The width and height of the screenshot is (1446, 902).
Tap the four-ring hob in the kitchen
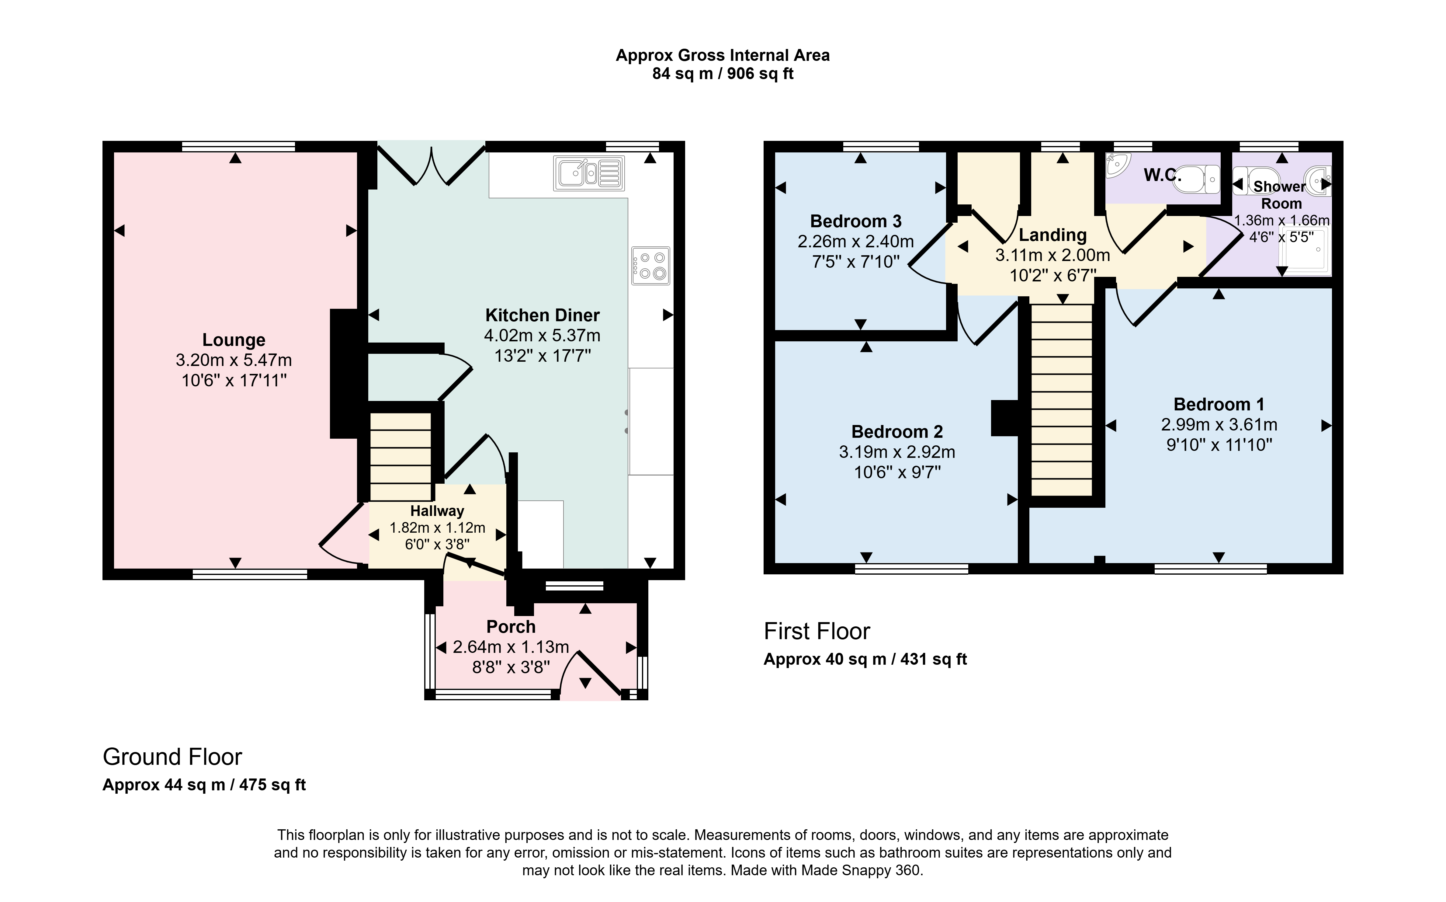650,266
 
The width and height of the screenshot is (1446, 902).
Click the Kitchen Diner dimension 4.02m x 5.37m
542,335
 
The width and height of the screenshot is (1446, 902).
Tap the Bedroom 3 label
856,221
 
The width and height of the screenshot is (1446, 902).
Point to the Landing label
1052,235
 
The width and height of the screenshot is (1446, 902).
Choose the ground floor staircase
401,456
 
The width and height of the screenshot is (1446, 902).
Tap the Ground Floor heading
172,757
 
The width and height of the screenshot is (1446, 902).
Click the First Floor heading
817,631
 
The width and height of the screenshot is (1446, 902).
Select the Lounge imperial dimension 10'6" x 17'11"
234,380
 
